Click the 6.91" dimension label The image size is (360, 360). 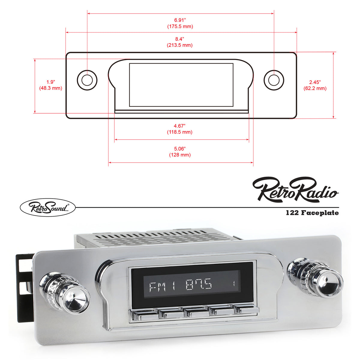tap(180, 20)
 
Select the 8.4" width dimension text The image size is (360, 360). tap(180, 39)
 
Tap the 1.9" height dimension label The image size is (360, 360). tap(50, 82)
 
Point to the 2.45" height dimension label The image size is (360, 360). tap(315, 82)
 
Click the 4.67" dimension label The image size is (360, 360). tap(180, 126)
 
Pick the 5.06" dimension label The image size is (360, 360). tap(180, 149)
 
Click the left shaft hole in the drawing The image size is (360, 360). tap(87, 80)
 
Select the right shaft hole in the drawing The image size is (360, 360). tap(274, 80)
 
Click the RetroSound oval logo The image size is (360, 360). tap(48, 207)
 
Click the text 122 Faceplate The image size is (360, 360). tap(312, 213)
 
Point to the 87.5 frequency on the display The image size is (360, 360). tap(199, 284)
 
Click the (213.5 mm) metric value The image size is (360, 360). tap(180, 45)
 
